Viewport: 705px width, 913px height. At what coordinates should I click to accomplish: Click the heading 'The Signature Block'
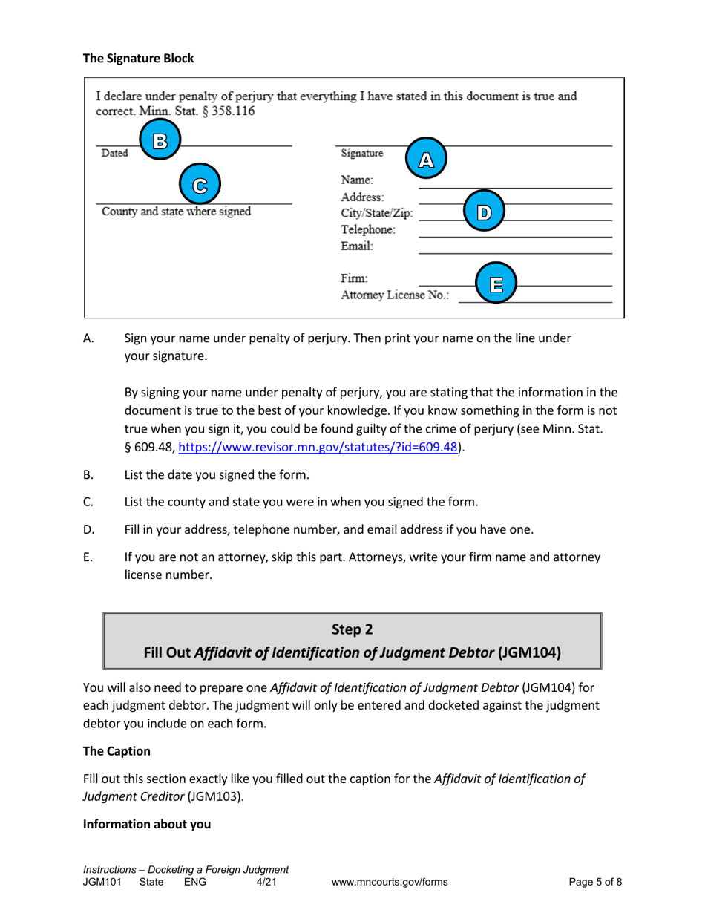[138, 58]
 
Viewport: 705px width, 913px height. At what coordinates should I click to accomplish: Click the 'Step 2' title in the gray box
[352, 629]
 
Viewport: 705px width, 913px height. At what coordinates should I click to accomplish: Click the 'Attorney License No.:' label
[394, 295]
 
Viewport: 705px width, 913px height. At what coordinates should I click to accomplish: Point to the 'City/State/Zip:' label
[376, 214]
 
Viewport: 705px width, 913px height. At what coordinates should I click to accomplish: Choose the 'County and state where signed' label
[175, 211]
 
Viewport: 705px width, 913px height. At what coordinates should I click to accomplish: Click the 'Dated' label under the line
[115, 154]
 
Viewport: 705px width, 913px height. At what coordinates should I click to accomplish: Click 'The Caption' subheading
[117, 751]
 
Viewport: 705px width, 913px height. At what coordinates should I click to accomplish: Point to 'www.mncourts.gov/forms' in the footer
[390, 883]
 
